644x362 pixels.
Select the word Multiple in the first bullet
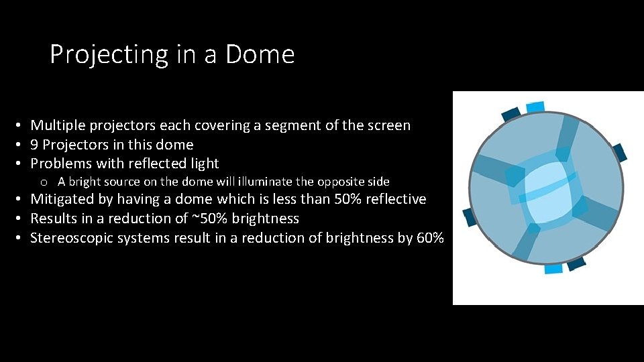[x=58, y=125]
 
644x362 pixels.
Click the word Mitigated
[x=62, y=199]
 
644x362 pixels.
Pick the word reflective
[x=394, y=199]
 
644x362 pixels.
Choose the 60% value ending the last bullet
[x=430, y=238]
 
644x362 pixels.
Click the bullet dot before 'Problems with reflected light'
[x=21, y=164]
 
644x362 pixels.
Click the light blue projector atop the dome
[x=535, y=107]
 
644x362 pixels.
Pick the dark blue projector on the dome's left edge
[x=469, y=217]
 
